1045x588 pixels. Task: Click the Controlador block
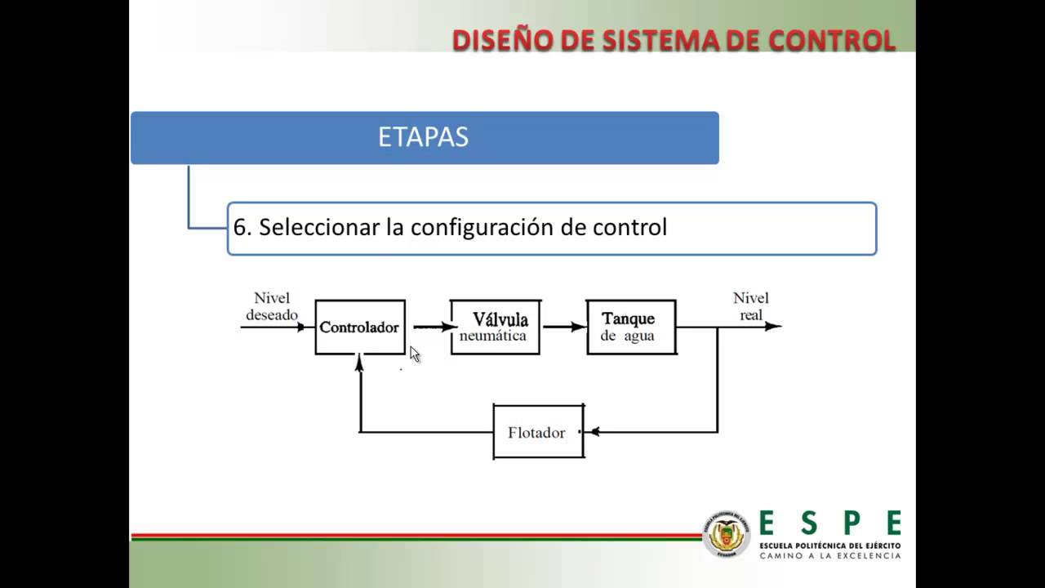[360, 327]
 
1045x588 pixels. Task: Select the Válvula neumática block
[495, 327]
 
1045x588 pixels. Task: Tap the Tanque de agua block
[631, 327]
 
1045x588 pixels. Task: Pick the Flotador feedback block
[538, 432]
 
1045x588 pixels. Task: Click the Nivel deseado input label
[272, 306]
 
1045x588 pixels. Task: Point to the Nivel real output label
[750, 306]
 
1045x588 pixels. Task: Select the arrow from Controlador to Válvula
[433, 327]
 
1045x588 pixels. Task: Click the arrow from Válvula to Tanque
[564, 327]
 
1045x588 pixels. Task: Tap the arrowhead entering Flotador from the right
[594, 432]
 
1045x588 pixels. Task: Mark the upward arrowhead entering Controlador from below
[359, 363]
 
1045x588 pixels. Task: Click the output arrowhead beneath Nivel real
[772, 327]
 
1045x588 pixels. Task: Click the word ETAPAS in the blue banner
[423, 137]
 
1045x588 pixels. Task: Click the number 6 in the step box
[239, 228]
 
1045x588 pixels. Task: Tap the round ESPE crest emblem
[726, 536]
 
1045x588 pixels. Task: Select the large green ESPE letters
[829, 523]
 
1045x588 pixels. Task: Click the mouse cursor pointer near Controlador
[415, 354]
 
